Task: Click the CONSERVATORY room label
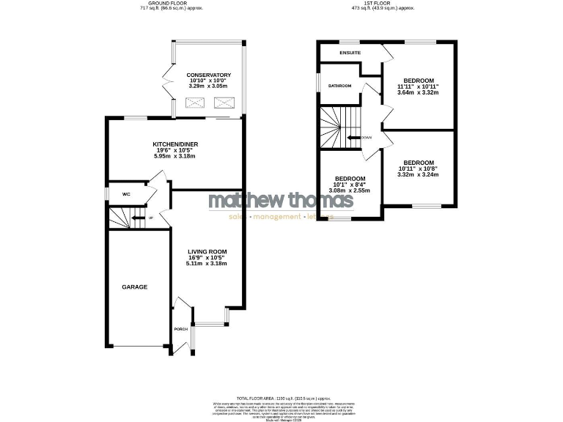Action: pyautogui.click(x=208, y=75)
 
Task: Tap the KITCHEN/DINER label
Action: pyautogui.click(x=175, y=144)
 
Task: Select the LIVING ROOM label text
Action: pyautogui.click(x=207, y=251)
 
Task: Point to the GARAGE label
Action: pyautogui.click(x=134, y=287)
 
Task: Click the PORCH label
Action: pyautogui.click(x=180, y=329)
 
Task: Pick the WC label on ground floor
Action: pyautogui.click(x=126, y=194)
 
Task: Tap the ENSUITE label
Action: pyautogui.click(x=350, y=53)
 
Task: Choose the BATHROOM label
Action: pyautogui.click(x=339, y=86)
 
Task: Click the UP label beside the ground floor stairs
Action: pyautogui.click(x=151, y=218)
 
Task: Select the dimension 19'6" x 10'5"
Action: pyautogui.click(x=175, y=149)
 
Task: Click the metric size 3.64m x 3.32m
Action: pyautogui.click(x=418, y=92)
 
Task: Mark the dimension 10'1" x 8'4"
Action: pyautogui.click(x=350, y=185)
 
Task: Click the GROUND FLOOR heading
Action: pyautogui.click(x=164, y=3)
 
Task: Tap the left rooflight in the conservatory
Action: pyautogui.click(x=195, y=103)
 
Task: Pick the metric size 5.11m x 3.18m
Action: pyautogui.click(x=207, y=264)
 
